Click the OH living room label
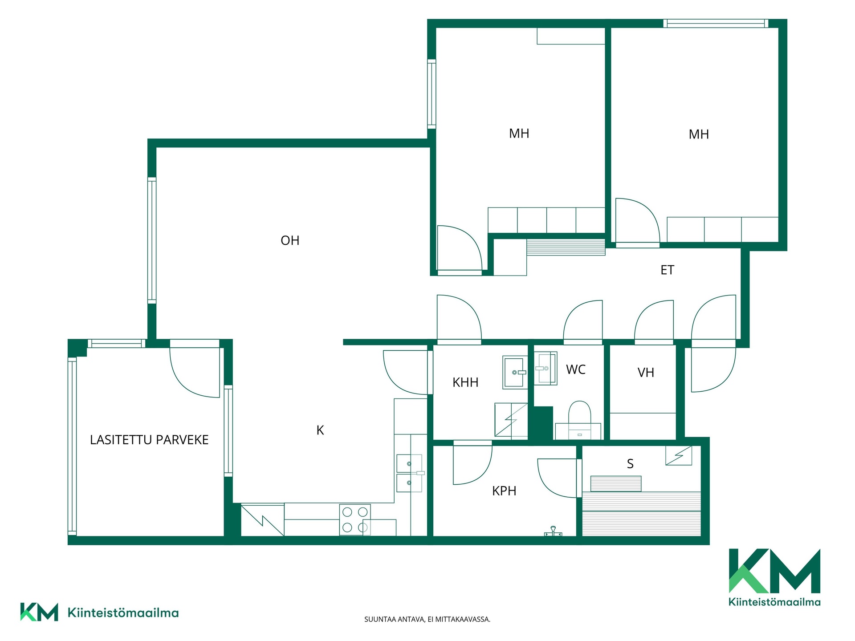pyautogui.click(x=290, y=240)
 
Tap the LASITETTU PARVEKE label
pyautogui.click(x=149, y=440)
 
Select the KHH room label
pyautogui.click(x=465, y=382)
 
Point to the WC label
pyautogui.click(x=576, y=369)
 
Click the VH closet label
pyautogui.click(x=646, y=373)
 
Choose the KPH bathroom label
pyautogui.click(x=504, y=491)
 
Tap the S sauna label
pyautogui.click(x=630, y=464)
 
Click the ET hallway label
pyautogui.click(x=667, y=270)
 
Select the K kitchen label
pyautogui.click(x=320, y=430)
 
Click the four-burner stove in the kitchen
pyautogui.click(x=354, y=519)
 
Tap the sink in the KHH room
pyautogui.click(x=515, y=372)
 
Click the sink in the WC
pyautogui.click(x=546, y=368)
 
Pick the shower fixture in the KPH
pyautogui.click(x=553, y=531)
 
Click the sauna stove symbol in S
pyautogui.click(x=679, y=456)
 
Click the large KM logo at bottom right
pyautogui.click(x=774, y=577)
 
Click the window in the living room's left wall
pyautogui.click(x=152, y=240)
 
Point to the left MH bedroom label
pyautogui.click(x=519, y=134)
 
